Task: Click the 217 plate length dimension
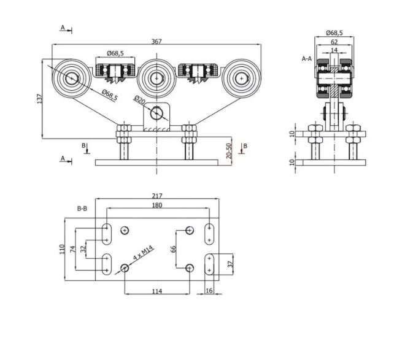pyautogui.click(x=157, y=196)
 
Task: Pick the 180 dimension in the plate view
pyautogui.click(x=157, y=205)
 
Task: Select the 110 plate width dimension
pyautogui.click(x=62, y=250)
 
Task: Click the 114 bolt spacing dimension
pyautogui.click(x=156, y=291)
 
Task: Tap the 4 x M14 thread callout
pyautogui.click(x=142, y=254)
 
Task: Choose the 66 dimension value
pyautogui.click(x=173, y=249)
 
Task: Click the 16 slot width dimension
pyautogui.click(x=209, y=291)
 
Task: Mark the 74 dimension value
pyautogui.click(x=72, y=249)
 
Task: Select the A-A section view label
pyautogui.click(x=307, y=59)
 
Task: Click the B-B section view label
pyautogui.click(x=82, y=209)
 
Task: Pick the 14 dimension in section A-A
pyautogui.click(x=333, y=51)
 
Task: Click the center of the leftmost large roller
pyautogui.click(x=72, y=78)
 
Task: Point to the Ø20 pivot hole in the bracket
pyautogui.click(x=157, y=112)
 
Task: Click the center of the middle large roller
pyautogui.click(x=157, y=79)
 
